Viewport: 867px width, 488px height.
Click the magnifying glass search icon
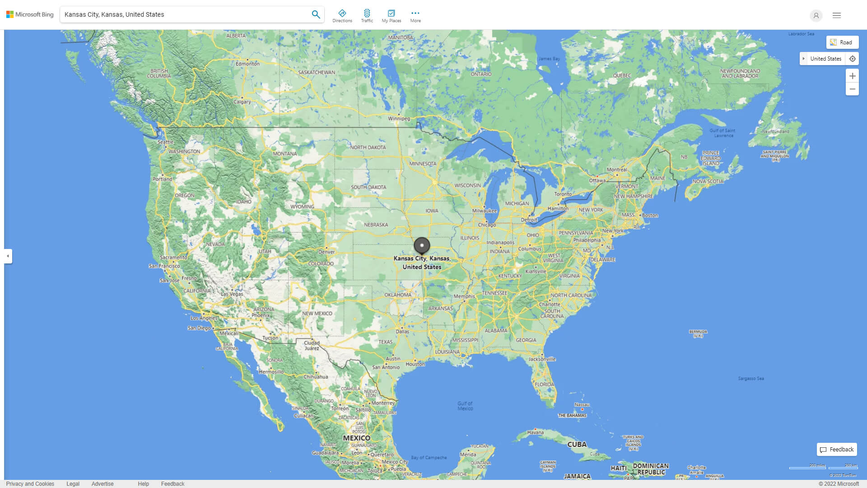coord(316,14)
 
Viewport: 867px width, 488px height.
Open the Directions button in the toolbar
coord(342,16)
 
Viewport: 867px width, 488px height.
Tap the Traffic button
coord(367,16)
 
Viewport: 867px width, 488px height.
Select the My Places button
coord(391,16)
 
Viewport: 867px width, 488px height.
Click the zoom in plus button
coord(852,76)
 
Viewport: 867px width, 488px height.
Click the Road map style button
coord(842,42)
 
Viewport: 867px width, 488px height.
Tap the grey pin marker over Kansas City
coord(422,245)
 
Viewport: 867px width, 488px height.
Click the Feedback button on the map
coord(837,450)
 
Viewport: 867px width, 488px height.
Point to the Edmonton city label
coord(247,64)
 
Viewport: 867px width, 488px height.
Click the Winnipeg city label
coord(399,119)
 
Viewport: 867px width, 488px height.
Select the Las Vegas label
coord(232,294)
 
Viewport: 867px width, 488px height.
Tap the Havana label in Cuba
coord(535,432)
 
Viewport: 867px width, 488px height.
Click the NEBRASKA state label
coord(376,225)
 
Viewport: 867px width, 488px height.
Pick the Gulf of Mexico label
coord(465,406)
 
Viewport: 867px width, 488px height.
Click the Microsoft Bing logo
coord(30,14)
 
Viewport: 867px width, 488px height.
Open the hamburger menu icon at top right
coord(837,15)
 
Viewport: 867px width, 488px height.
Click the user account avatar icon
coord(816,15)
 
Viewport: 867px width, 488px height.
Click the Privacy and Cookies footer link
coord(30,484)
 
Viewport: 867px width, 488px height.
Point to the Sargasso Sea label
coord(751,379)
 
